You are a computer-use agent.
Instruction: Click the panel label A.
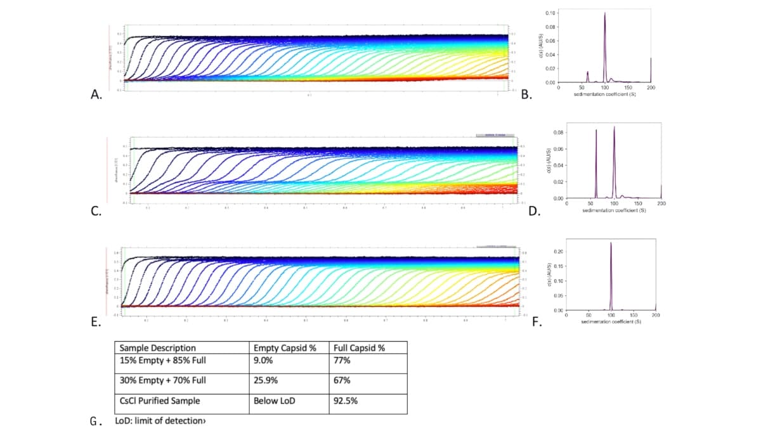[96, 96]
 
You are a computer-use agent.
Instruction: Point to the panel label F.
[537, 322]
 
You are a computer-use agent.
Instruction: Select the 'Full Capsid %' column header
[360, 348]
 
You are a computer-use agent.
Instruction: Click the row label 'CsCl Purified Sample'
[159, 401]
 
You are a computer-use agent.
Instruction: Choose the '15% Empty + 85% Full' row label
[163, 360]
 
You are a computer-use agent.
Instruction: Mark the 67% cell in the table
[341, 380]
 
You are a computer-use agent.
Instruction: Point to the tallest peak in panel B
[605, 14]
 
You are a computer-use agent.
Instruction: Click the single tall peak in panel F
[611, 243]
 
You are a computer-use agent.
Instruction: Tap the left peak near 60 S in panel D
[596, 131]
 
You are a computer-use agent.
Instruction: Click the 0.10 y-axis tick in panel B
[550, 13]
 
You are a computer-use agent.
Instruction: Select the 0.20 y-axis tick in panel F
[558, 252]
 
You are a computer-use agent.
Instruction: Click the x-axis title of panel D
[614, 210]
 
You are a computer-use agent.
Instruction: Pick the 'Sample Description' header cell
[157, 348]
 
